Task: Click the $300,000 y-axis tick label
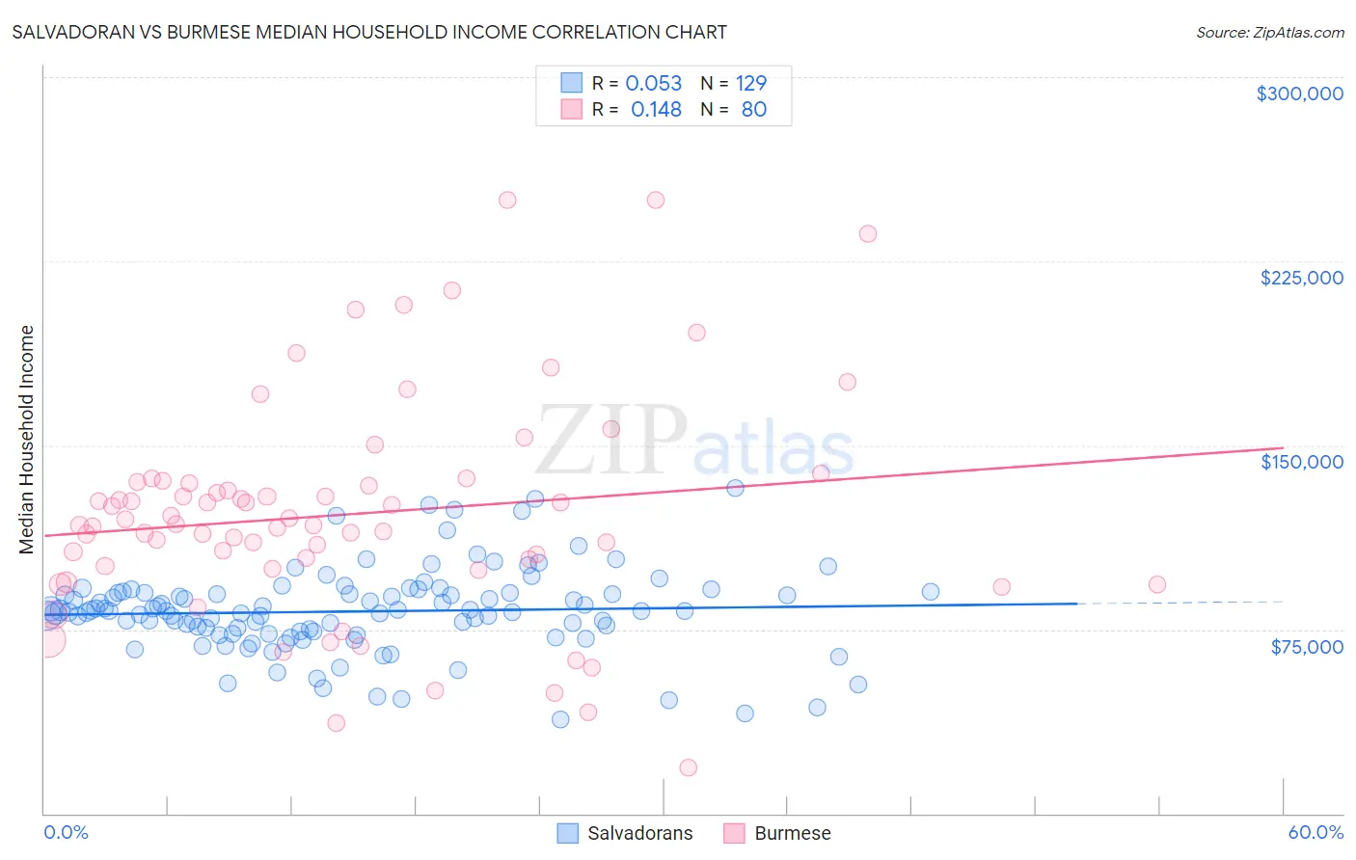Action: coord(1299,94)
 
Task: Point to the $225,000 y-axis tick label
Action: coord(1301,278)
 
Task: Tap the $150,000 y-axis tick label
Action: coord(1301,462)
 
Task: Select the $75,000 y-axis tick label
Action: coord(1306,647)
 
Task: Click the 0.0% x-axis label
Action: coord(66,832)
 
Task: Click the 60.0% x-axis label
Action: coord(1315,832)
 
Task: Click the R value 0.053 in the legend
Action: coord(653,84)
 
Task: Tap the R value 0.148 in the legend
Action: coord(656,110)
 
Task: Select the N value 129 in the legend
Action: coord(750,84)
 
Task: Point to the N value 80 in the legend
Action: coord(753,110)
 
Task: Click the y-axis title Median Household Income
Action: coord(27,440)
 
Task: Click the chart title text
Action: coord(369,32)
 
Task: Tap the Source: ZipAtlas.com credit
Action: coord(1269,32)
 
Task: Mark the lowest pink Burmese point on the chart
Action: coord(688,767)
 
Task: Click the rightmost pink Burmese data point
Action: coord(1156,584)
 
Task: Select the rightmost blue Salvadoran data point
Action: coord(930,592)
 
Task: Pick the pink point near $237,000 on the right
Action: coord(867,233)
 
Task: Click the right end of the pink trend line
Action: coord(1283,447)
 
